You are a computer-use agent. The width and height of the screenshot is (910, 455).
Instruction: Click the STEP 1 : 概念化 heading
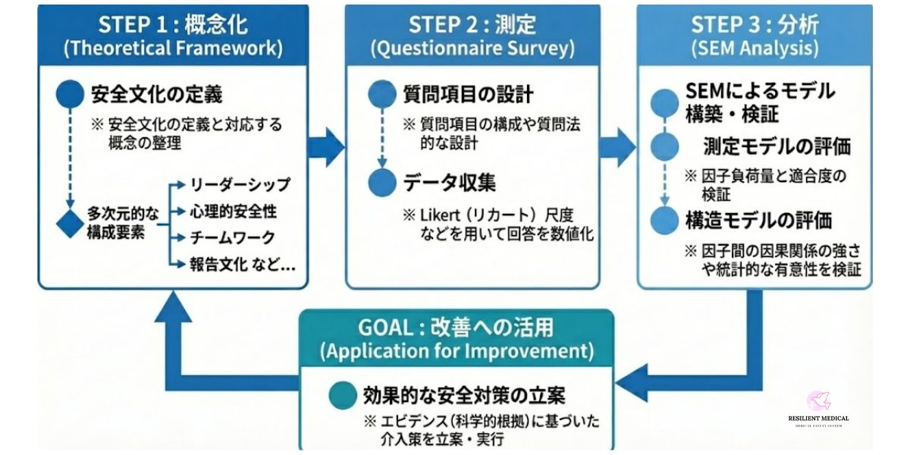[x=173, y=24]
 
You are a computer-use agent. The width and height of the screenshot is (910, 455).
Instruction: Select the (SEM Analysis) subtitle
[x=754, y=49]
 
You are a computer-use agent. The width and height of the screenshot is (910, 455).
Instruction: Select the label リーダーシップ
[x=240, y=185]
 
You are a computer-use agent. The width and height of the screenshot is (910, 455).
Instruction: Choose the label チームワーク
[x=232, y=237]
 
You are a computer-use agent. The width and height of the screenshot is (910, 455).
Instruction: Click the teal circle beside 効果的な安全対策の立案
[x=344, y=395]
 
